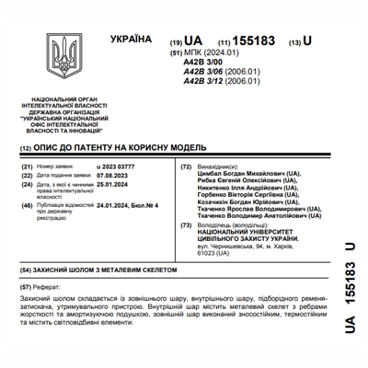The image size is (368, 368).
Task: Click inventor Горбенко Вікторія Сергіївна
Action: click(236, 199)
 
